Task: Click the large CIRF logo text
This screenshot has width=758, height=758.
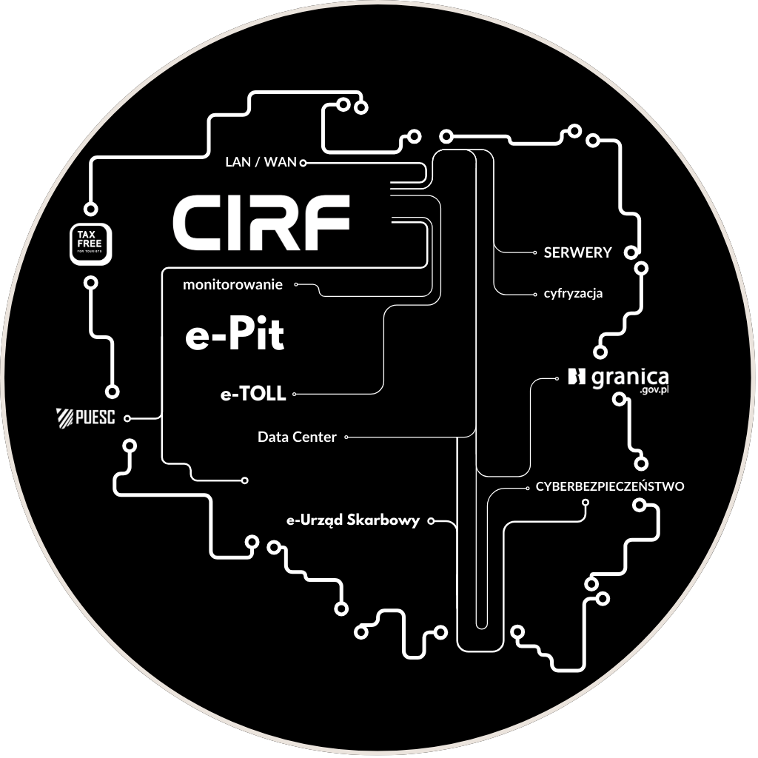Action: coord(261,222)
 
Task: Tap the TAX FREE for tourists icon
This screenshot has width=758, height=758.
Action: coord(90,244)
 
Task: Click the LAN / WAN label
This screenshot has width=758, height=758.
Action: coord(260,162)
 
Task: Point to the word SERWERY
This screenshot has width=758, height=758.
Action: coord(577,252)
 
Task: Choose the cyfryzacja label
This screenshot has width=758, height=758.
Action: coord(568,293)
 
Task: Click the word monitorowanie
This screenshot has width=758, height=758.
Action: coord(232,284)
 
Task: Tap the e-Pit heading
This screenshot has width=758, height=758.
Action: coord(234,337)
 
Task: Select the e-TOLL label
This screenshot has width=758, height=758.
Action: coord(252,395)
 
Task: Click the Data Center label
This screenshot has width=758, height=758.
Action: coord(297,437)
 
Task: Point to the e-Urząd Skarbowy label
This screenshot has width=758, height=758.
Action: coord(353,520)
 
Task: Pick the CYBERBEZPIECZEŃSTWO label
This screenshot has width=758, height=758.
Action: coord(610,486)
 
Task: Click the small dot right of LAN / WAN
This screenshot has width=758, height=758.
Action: coord(303,162)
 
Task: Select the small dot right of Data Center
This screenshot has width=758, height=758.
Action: coord(346,437)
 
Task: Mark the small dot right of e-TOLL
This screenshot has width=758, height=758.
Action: coord(294,395)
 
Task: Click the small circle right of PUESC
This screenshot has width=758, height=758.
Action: coord(127,419)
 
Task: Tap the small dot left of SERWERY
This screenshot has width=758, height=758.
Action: coord(534,252)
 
